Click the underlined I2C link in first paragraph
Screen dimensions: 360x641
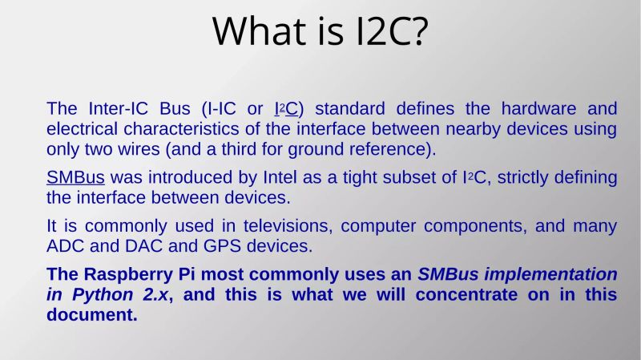288,109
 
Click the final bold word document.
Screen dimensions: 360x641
92,315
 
